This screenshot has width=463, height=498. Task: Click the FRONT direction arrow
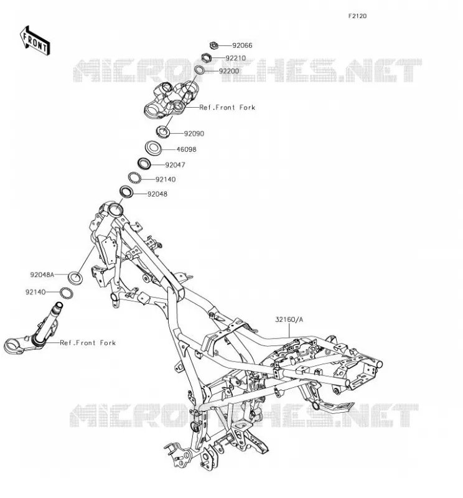click(x=35, y=40)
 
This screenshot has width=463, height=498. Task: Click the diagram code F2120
click(x=357, y=16)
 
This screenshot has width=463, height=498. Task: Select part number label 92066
click(x=242, y=45)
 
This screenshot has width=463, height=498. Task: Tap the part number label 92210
click(x=235, y=58)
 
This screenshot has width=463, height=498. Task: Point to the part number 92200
click(x=228, y=71)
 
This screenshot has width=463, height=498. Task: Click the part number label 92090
click(x=194, y=134)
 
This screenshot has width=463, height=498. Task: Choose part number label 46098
click(x=186, y=149)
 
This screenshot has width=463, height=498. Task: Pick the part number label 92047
click(x=175, y=165)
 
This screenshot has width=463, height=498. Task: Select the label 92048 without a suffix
click(x=157, y=194)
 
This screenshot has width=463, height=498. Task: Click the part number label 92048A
click(x=42, y=275)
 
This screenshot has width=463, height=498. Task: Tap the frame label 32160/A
click(x=289, y=319)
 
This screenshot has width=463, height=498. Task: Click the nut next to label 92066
click(x=214, y=45)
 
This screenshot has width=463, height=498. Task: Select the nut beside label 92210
click(x=207, y=58)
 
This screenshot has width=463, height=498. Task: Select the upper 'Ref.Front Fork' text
click(x=227, y=107)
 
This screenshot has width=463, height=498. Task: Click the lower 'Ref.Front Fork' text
click(x=88, y=343)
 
